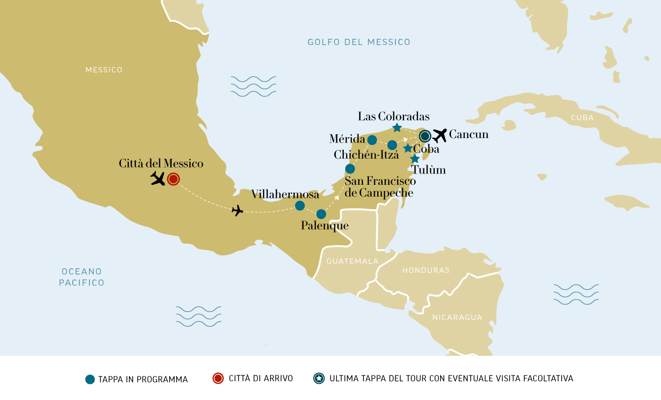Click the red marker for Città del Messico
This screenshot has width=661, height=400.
pos(173,179)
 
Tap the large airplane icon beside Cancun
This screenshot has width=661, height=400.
pos(439,136)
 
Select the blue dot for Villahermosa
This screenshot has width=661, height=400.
pos(300,206)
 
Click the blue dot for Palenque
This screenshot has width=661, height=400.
pos(321,214)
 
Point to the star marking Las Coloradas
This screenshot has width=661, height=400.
pos(397,128)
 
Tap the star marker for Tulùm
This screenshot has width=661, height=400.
pos(415,159)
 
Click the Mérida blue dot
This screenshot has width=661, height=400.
pos(372,140)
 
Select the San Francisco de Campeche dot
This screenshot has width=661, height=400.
pos(350,169)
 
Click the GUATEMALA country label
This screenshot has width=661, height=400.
pos(352,261)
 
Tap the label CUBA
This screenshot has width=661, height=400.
pos(582,118)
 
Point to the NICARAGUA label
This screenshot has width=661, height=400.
pos(457,317)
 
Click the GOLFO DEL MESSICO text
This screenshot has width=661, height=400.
pos(359,42)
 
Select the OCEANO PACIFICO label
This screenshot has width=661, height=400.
pos(82,277)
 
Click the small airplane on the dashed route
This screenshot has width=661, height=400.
pos(238,211)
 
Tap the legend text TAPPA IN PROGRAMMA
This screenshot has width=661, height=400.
pos(143,379)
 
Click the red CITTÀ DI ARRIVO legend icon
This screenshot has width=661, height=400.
pos(218,378)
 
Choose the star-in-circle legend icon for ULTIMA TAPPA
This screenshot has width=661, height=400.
pos(319,378)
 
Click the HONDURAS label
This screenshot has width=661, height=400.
pos(426,270)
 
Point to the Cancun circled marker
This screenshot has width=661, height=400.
pos(425,136)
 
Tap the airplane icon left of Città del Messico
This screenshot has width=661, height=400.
pos(158,178)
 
